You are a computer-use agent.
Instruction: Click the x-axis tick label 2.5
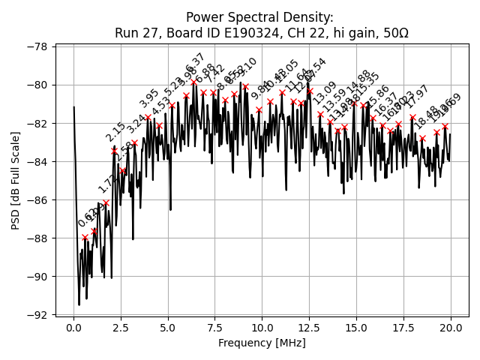tap(121, 328)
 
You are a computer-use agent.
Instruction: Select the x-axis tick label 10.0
tap(262, 328)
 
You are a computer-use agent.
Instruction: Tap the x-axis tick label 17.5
tap(403, 328)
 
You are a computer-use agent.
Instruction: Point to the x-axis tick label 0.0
tap(73, 328)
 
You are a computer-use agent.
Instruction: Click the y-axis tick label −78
tap(36, 46)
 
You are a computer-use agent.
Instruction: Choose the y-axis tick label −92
tap(36, 315)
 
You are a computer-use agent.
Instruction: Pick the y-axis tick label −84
tap(36, 161)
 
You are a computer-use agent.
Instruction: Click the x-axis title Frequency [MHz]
tap(262, 343)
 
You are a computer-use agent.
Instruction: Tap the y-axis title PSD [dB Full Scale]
tap(15, 180)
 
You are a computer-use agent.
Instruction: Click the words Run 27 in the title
tap(135, 33)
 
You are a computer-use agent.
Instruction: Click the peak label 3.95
tap(149, 98)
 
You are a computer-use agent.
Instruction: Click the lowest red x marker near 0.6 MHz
tap(85, 237)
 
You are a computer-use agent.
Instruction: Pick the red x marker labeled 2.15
tap(114, 151)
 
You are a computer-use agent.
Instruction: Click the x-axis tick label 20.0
tap(450, 328)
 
